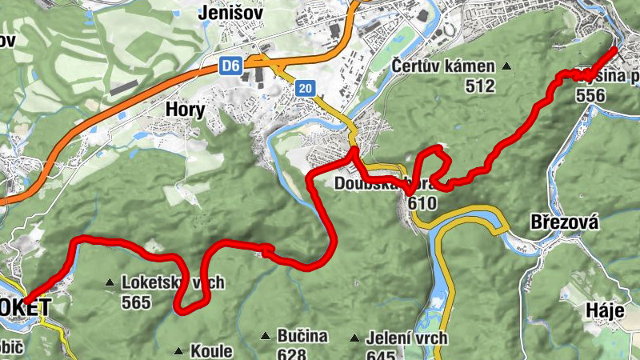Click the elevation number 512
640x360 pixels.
click(479, 86)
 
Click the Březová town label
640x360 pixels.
click(565, 222)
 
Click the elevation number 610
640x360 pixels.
click(422, 203)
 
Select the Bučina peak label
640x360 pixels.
click(303, 336)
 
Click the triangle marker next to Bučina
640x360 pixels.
click(265, 336)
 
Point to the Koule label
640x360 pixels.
click(211, 350)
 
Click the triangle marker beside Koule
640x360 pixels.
click(178, 350)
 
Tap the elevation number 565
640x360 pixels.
click(137, 302)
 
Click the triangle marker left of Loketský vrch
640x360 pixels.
click(110, 282)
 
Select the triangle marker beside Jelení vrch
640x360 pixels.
click(354, 338)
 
